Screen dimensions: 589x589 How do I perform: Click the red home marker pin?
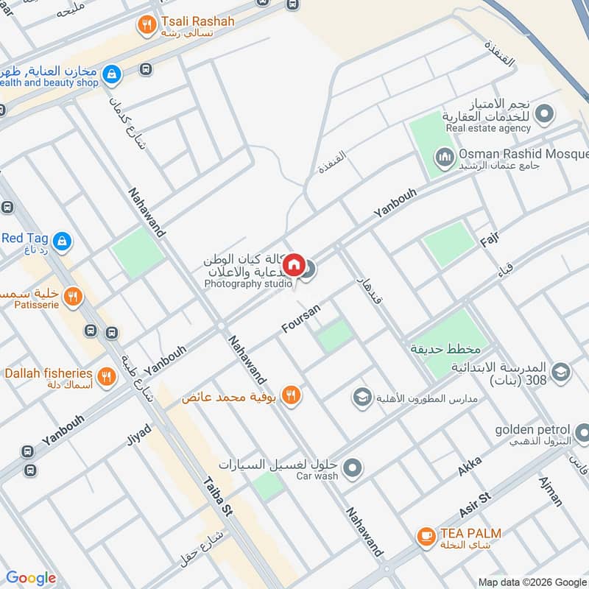(x=293, y=264)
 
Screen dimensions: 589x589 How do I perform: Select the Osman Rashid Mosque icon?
(x=444, y=157)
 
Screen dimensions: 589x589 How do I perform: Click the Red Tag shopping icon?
(x=63, y=239)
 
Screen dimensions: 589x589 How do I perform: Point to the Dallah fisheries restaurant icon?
(x=107, y=377)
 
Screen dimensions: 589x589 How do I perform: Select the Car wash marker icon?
(x=353, y=467)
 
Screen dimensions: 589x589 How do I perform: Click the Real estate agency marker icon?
(x=544, y=114)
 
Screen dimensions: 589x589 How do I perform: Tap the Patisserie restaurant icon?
(x=72, y=297)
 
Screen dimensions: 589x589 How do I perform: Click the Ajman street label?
(x=550, y=491)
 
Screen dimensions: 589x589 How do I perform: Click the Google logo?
(x=31, y=578)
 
